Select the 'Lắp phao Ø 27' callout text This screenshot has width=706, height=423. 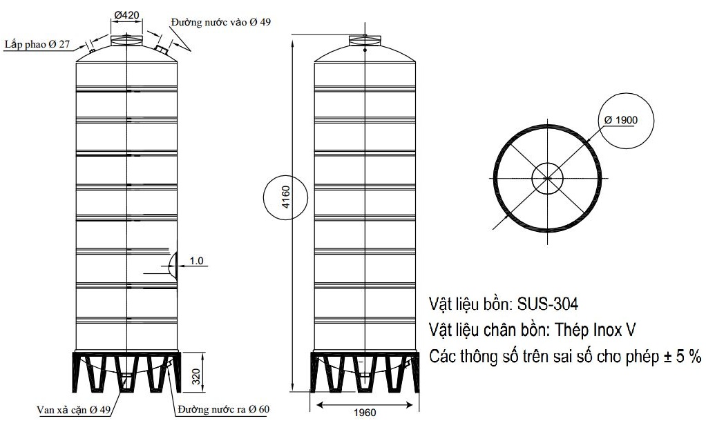click(38, 43)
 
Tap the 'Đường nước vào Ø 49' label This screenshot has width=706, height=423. click(222, 22)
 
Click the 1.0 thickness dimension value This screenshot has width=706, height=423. click(197, 260)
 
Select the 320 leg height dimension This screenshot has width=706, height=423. click(195, 377)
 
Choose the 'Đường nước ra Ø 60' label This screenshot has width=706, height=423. click(223, 410)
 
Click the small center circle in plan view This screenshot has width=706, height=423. click(548, 178)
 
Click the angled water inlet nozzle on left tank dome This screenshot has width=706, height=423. click(162, 50)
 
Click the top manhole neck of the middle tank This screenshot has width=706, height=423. click(366, 40)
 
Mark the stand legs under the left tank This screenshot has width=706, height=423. click(126, 373)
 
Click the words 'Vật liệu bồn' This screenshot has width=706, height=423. click(470, 304)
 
